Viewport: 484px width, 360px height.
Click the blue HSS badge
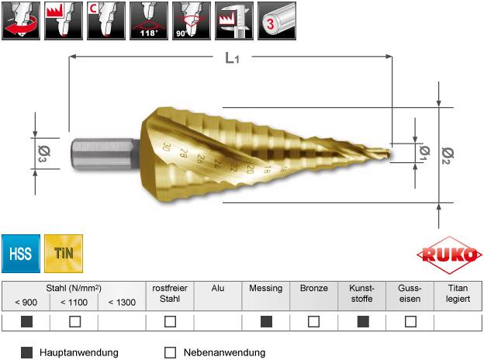(x=21, y=253)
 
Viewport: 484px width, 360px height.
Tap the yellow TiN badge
(x=64, y=253)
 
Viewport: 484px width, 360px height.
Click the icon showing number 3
(x=277, y=20)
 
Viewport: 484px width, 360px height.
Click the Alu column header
(x=218, y=288)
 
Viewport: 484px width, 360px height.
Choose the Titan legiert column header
(x=458, y=292)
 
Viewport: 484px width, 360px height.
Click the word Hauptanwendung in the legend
(x=78, y=352)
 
